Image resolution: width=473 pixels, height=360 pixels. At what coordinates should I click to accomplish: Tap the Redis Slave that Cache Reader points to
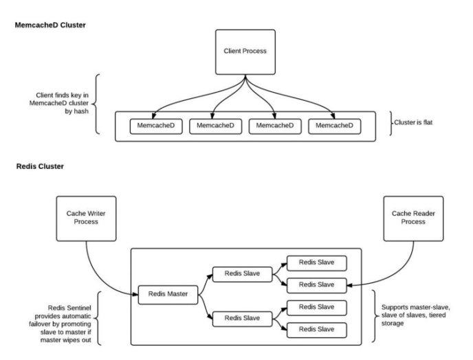pos(316,284)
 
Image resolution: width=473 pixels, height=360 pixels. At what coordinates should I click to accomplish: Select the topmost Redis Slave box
pos(316,262)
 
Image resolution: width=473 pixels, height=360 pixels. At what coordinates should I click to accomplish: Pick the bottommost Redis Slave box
pos(316,329)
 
